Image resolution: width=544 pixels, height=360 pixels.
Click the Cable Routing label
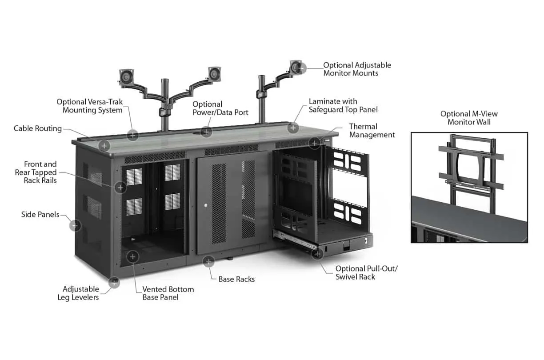tap(38, 128)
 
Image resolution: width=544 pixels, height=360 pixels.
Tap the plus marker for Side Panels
tap(75, 226)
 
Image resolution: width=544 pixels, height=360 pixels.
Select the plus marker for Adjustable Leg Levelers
tap(114, 283)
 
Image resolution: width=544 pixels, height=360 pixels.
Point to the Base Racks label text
tap(236, 279)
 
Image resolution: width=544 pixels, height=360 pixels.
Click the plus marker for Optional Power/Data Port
tap(206, 132)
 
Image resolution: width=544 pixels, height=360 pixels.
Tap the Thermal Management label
tap(372, 131)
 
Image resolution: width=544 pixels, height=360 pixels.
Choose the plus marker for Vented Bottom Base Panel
tap(132, 256)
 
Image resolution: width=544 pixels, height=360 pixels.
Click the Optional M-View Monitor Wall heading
tap(469, 118)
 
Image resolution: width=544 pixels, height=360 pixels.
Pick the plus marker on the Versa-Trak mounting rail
tap(132, 135)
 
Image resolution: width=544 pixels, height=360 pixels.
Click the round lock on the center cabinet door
tap(206, 205)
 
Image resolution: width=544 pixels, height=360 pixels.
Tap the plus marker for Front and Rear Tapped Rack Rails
tap(120, 188)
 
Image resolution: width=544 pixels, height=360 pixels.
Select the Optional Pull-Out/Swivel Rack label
tap(367, 272)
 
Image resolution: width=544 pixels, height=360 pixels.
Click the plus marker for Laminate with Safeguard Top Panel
tap(293, 128)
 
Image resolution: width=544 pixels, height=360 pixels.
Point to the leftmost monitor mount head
tap(127, 77)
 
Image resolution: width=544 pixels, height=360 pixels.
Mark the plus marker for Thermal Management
tap(315, 143)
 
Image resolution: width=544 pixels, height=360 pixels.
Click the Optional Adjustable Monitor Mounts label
tap(357, 69)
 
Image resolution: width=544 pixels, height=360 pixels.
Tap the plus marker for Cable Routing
tap(104, 146)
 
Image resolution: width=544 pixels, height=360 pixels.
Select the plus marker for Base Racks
tap(208, 262)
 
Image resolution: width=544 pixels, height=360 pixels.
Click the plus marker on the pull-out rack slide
tap(317, 254)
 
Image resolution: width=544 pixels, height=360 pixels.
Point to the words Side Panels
tap(40, 215)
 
